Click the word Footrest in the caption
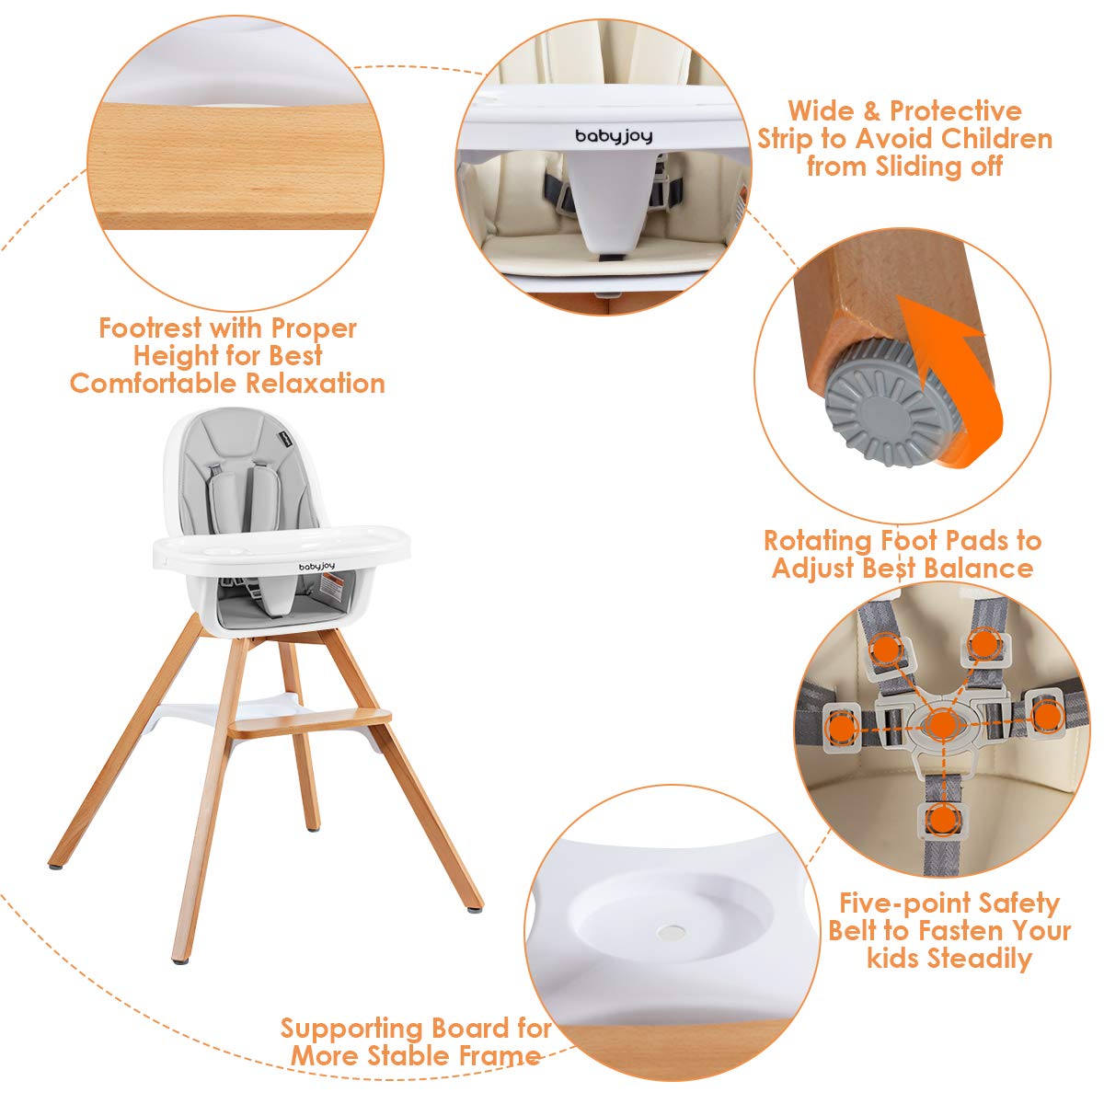pos(149,328)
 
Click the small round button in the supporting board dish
pos(669,931)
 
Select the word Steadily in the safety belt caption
pos(979,959)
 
